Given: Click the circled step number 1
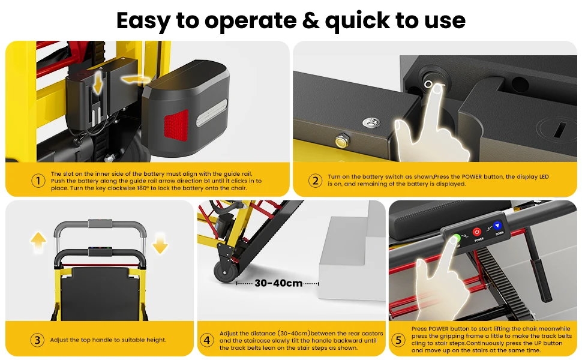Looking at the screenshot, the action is pyautogui.click(x=38, y=181).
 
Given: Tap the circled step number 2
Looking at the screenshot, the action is pyautogui.click(x=315, y=181).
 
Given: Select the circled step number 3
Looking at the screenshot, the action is pyautogui.click(x=37, y=340).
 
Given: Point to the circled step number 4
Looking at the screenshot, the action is pyautogui.click(x=207, y=340).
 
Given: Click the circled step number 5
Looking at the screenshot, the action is pyautogui.click(x=398, y=340).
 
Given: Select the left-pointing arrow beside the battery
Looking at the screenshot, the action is pyautogui.click(x=135, y=79).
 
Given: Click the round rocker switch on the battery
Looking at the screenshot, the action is pyautogui.click(x=431, y=81).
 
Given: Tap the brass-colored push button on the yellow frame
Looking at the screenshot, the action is pyautogui.click(x=341, y=141).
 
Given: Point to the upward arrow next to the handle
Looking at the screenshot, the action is pyautogui.click(x=38, y=242).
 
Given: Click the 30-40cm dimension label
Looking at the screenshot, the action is pyautogui.click(x=278, y=283).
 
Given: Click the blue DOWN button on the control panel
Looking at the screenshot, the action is pyautogui.click(x=497, y=226).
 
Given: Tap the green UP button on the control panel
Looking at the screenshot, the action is pyautogui.click(x=456, y=238).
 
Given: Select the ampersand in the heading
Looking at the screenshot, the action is pyautogui.click(x=311, y=20).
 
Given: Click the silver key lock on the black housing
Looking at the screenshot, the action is pyautogui.click(x=371, y=122).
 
